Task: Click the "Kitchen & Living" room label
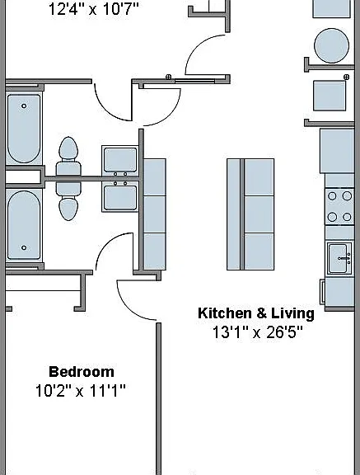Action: pyautogui.click(x=256, y=313)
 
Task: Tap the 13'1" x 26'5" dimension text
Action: pyautogui.click(x=257, y=332)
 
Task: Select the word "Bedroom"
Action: pyautogui.click(x=82, y=372)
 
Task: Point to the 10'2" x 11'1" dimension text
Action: pyautogui.click(x=80, y=391)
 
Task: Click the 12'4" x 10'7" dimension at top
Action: pyautogui.click(x=93, y=8)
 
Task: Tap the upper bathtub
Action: pyautogui.click(x=24, y=129)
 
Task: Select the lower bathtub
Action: pyautogui.click(x=24, y=225)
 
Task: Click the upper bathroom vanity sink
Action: pyautogui.click(x=120, y=160)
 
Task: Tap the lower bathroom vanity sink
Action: pyautogui.click(x=120, y=198)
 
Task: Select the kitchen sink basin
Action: pyautogui.click(x=339, y=258)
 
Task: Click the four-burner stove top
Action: pyautogui.click(x=339, y=206)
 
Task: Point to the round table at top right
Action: pyautogui.click(x=331, y=45)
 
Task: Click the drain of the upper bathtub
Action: pyautogui.click(x=24, y=106)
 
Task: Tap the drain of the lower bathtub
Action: pyautogui.click(x=24, y=247)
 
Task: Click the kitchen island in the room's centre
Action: pyautogui.click(x=250, y=214)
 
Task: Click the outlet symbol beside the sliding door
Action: pyautogui.click(x=169, y=77)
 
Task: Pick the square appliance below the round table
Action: pyautogui.click(x=330, y=96)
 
